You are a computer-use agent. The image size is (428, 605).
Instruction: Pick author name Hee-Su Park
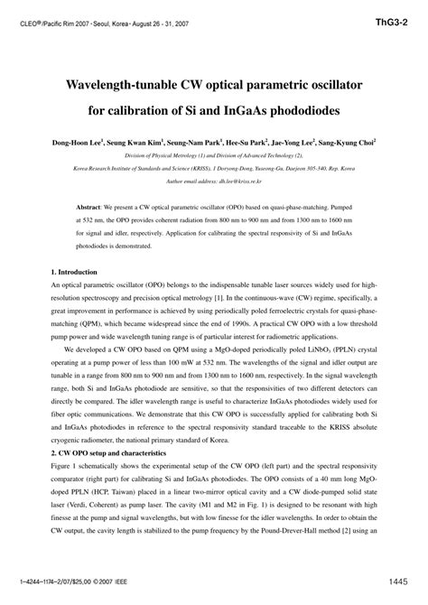coord(238,143)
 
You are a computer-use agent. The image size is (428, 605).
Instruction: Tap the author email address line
coord(213,181)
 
